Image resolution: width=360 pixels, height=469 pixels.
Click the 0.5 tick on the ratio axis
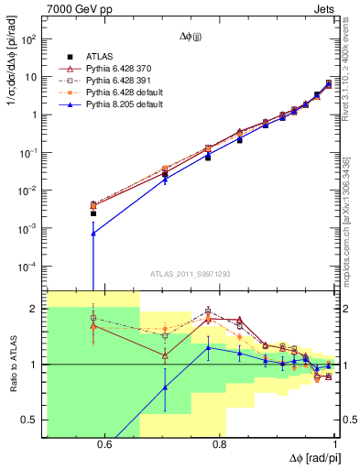(31, 420)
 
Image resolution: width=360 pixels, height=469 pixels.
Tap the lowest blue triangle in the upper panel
(93, 234)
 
